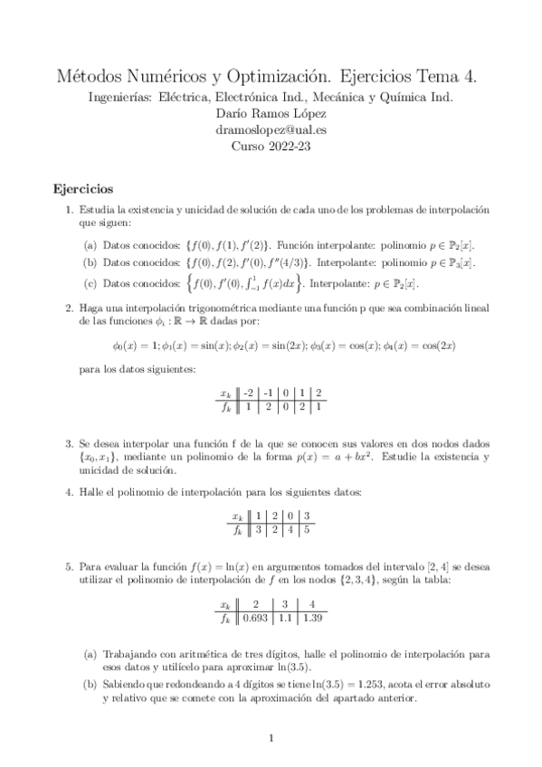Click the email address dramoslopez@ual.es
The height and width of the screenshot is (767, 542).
point(271,129)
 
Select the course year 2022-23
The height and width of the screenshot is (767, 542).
point(271,147)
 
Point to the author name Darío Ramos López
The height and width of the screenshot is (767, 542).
point(271,113)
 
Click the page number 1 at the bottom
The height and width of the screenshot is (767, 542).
point(271,740)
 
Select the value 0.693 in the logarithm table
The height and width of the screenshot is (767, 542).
point(256,619)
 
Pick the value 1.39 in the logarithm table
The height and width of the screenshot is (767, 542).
point(313,619)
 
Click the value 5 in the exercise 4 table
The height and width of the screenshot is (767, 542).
point(306,529)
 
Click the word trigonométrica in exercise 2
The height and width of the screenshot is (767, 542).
point(210,308)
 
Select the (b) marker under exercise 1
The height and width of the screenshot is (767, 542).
point(90,263)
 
